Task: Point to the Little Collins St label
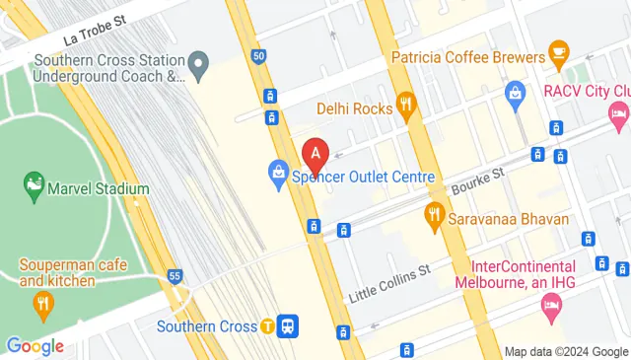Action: click(x=390, y=284)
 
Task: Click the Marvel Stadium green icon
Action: click(x=34, y=183)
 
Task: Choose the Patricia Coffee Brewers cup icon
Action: click(x=558, y=50)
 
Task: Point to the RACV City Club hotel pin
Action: click(x=618, y=115)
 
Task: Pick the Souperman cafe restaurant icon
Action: click(x=41, y=305)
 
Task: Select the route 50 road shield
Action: click(x=258, y=56)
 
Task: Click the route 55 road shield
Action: click(x=175, y=275)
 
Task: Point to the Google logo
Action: click(x=35, y=345)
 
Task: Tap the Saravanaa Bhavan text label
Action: click(x=505, y=217)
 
